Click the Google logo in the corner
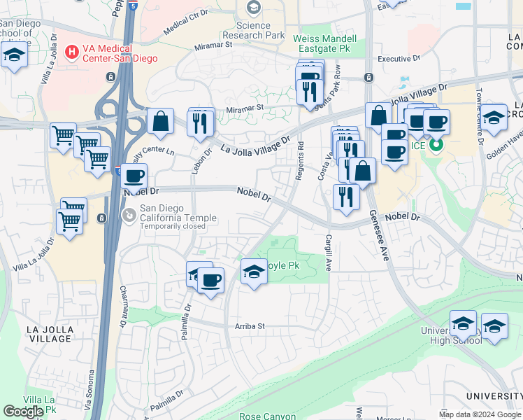coord(23,412)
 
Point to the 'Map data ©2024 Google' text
coord(480,414)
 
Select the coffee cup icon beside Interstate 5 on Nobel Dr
coord(134,176)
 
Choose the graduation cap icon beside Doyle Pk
coord(254,272)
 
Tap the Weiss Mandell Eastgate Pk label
coord(324,44)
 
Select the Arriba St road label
coord(250,326)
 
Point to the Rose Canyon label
coord(267,416)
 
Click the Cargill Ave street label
coord(327,253)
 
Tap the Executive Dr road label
coord(399,59)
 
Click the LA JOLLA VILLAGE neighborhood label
coord(48,334)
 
